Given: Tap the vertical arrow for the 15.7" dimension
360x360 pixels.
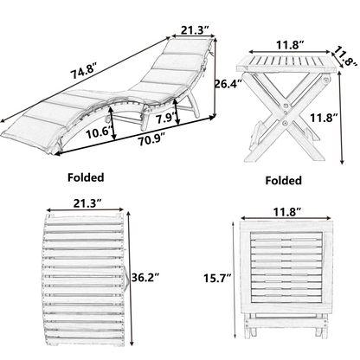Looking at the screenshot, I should point(236,279).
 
